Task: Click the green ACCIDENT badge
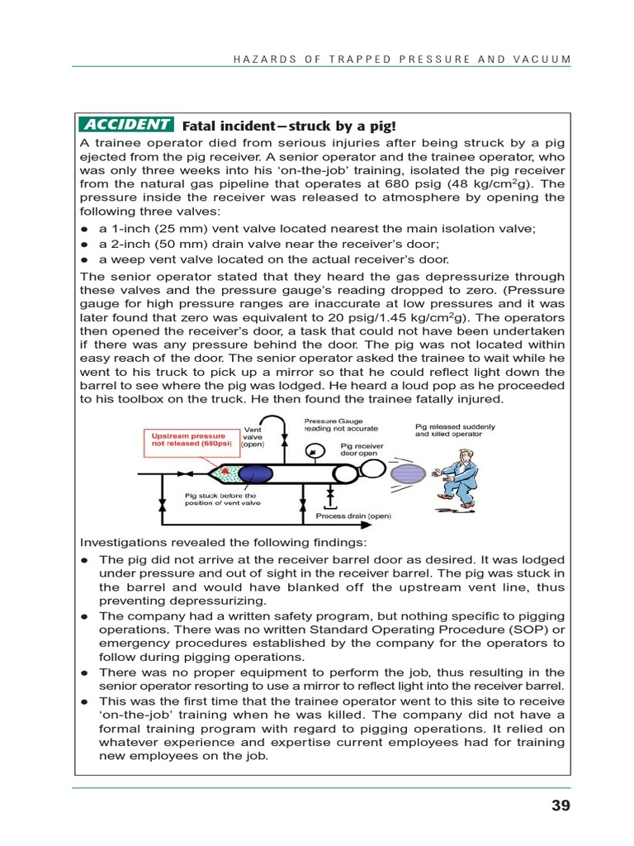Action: pyautogui.click(x=126, y=125)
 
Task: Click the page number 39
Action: pyautogui.click(x=561, y=806)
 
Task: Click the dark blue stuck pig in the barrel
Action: pyautogui.click(x=257, y=474)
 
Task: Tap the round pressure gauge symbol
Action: pyautogui.click(x=314, y=450)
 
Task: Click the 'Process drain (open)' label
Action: pyautogui.click(x=353, y=516)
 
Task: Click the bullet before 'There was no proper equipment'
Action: pyautogui.click(x=84, y=673)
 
